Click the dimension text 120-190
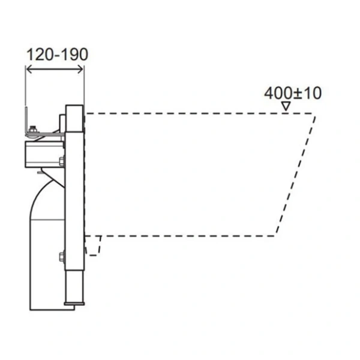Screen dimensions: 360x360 [x=56, y=54]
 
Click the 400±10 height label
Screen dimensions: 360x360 [x=293, y=93]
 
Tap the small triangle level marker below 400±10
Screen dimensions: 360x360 [x=287, y=106]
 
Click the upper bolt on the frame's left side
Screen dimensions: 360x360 [x=61, y=160]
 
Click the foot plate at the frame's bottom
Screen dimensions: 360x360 [x=67, y=307]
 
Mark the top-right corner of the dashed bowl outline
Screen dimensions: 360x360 [x=316, y=113]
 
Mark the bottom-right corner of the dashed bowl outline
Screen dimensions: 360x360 [x=276, y=235]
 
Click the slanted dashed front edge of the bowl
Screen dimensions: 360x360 [x=297, y=174]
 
